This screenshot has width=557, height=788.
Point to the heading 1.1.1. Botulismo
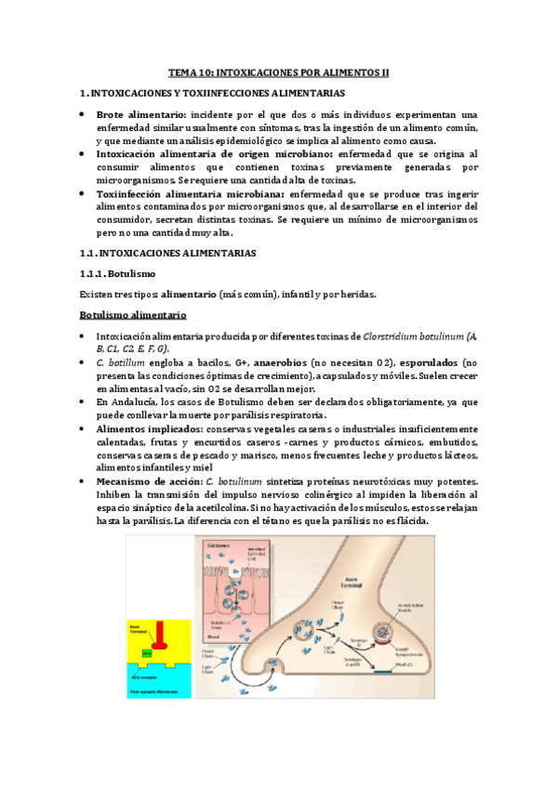coord(118,274)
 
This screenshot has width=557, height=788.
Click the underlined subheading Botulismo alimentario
coord(133,315)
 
